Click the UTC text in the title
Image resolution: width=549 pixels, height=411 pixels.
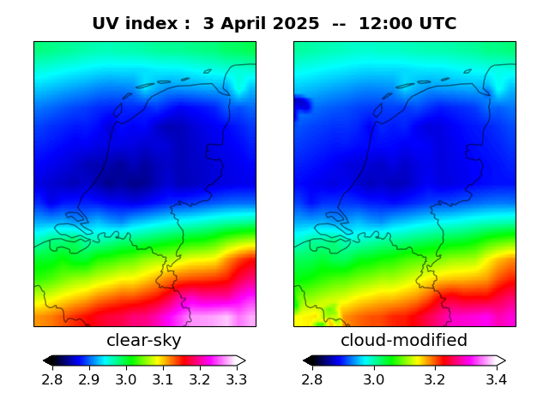pyautogui.click(x=436, y=24)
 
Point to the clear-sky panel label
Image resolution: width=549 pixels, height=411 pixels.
pyautogui.click(x=144, y=341)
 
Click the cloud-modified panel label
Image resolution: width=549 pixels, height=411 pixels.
pyautogui.click(x=404, y=341)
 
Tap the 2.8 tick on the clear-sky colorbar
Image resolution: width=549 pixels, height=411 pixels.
pyautogui.click(x=52, y=379)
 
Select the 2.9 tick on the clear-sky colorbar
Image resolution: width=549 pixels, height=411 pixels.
pyautogui.click(x=89, y=379)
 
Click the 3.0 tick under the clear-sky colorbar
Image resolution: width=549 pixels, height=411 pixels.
pyautogui.click(x=126, y=379)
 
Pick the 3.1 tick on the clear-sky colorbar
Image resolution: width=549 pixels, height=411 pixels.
pyautogui.click(x=162, y=379)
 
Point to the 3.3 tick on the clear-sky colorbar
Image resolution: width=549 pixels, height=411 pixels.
pyautogui.click(x=236, y=379)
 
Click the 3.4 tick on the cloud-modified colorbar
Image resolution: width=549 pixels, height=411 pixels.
pyautogui.click(x=496, y=379)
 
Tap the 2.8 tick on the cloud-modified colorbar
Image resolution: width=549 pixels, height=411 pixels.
pyautogui.click(x=312, y=379)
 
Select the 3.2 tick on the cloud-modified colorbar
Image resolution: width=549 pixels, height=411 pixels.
pyautogui.click(x=435, y=379)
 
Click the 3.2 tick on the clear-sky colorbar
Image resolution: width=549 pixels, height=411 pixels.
pyautogui.click(x=199, y=379)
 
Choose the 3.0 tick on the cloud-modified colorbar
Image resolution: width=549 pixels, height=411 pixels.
pyautogui.click(x=373, y=379)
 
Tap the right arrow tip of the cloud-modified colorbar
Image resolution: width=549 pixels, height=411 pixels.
pyautogui.click(x=504, y=360)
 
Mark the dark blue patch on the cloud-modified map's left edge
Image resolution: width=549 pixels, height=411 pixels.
pyautogui.click(x=300, y=105)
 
